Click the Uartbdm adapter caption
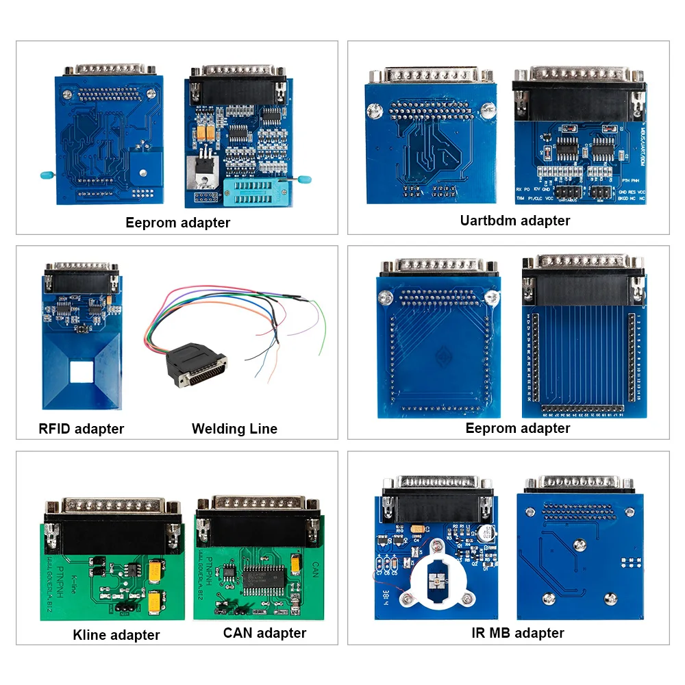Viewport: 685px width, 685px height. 515,221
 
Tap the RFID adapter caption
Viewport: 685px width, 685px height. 82,429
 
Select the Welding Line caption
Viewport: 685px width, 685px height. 234,429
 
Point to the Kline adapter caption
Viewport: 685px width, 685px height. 116,635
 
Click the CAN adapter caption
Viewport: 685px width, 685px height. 264,633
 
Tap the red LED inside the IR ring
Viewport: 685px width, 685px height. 435,584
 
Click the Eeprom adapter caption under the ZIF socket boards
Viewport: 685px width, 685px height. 178,223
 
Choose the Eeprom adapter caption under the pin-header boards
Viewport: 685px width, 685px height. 518,428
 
